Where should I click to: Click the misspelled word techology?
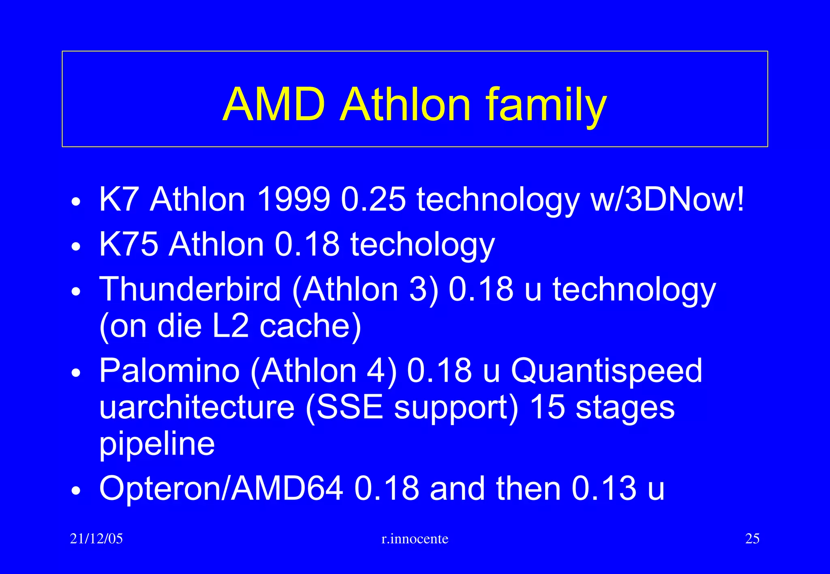click(422, 245)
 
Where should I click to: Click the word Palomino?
click(169, 370)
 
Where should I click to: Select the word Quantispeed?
click(606, 370)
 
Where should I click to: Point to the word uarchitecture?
click(197, 407)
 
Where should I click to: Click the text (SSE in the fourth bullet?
click(344, 407)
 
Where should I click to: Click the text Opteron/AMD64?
click(221, 488)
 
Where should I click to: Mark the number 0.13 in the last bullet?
click(604, 488)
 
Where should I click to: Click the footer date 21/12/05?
click(96, 539)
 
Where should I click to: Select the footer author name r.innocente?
click(415, 539)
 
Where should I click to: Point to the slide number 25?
click(752, 539)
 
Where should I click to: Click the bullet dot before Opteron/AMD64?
click(76, 491)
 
